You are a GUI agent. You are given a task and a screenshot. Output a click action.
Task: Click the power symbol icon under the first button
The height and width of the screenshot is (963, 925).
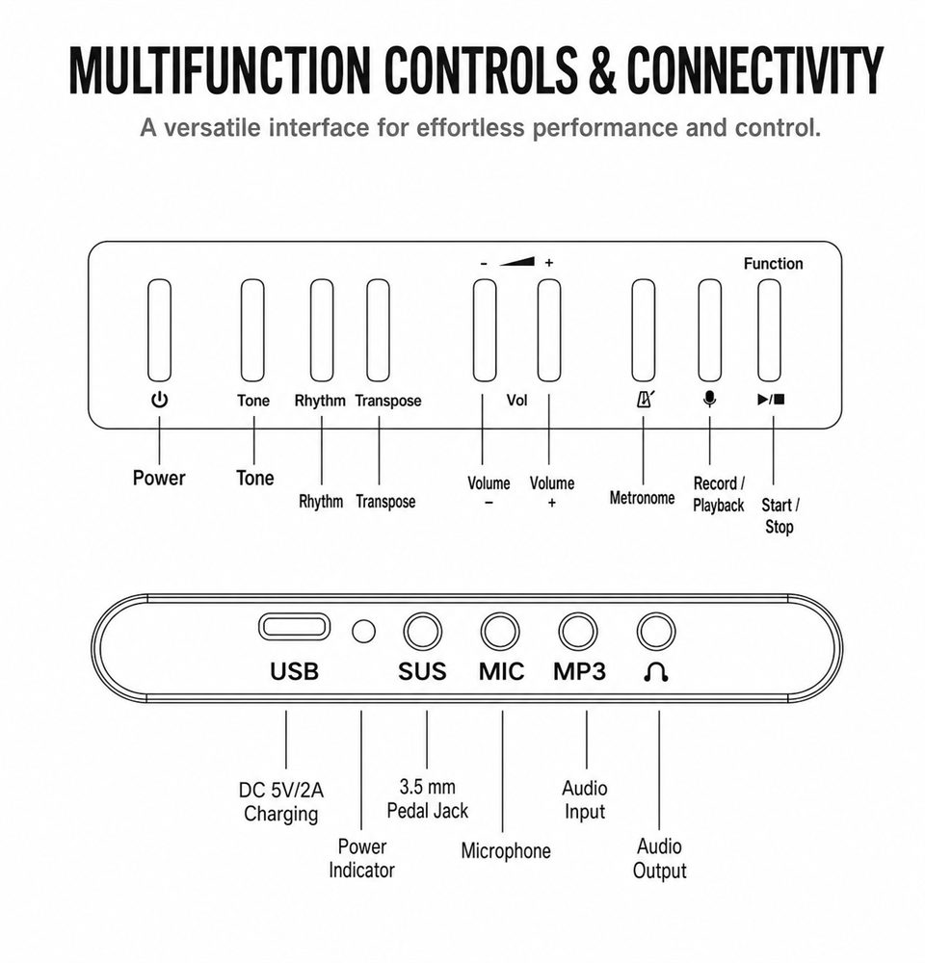pos(159,400)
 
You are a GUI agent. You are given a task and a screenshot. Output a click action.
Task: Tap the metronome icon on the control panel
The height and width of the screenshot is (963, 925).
pos(644,400)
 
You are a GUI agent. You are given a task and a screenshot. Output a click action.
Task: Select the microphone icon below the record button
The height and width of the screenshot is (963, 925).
pos(709,400)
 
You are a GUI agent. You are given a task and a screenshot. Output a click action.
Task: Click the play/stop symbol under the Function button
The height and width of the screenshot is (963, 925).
pos(772,400)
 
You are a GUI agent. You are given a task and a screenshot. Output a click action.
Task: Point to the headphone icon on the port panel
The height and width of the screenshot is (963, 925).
pos(656,673)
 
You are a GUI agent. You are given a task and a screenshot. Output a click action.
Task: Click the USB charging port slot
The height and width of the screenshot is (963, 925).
pos(295,627)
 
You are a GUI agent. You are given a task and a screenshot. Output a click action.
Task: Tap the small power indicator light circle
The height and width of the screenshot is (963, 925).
pos(364,631)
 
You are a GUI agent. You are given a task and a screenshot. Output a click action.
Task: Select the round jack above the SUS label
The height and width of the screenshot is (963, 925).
pos(423,632)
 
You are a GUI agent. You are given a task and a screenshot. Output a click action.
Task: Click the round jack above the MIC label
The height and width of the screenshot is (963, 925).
pos(500,632)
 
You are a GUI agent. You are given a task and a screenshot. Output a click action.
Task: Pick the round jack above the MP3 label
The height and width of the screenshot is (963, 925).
pos(578,632)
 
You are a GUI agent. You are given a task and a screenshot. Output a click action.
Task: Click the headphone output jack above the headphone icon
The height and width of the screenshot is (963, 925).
pos(656,632)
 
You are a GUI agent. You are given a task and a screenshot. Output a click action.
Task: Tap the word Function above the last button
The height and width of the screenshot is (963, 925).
pos(773,264)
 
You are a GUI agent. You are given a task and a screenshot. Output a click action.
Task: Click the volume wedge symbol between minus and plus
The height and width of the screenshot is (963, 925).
pos(516,262)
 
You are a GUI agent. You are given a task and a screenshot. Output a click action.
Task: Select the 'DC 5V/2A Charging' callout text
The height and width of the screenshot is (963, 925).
pos(281,801)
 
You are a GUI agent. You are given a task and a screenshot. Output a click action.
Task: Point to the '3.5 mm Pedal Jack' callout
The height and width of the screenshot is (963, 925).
pos(427,798)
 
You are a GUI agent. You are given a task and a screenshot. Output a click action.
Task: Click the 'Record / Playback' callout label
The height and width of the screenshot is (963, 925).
pos(719,494)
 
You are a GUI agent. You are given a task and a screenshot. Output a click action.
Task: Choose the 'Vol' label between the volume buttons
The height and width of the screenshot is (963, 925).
pos(516,400)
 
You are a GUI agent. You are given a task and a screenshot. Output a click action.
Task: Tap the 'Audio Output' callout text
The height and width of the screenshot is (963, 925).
pos(659,859)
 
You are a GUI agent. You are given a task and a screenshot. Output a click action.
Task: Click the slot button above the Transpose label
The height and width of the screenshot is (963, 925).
pos(378,330)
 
